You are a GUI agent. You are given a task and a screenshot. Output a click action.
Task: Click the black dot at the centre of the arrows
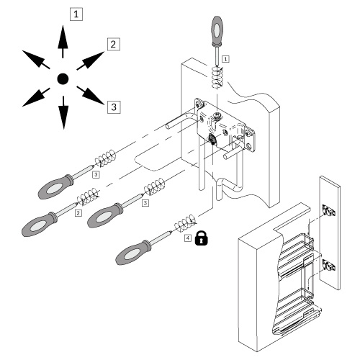coord(63,78)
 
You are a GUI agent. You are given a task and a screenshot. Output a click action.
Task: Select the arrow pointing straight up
coord(63,42)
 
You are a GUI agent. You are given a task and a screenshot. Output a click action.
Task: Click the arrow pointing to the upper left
coord(33,60)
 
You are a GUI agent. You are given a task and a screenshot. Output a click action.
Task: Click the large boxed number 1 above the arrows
coord(75,14)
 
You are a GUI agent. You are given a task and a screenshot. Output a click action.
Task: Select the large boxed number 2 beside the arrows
coord(113,45)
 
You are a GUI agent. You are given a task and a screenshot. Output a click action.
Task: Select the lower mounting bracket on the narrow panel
coord(328,264)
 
